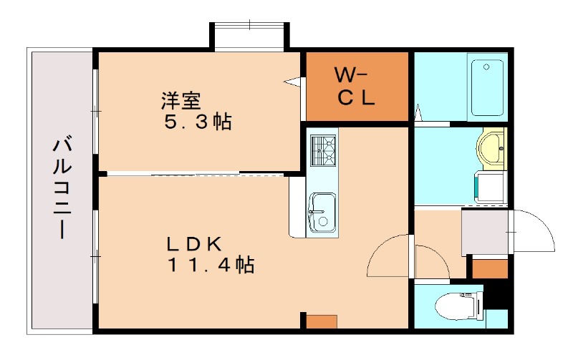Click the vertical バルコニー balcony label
[x=61, y=188]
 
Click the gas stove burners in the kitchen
[x=323, y=150]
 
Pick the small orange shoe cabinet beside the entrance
[x=490, y=268]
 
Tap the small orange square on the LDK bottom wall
[x=322, y=321]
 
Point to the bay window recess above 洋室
[x=249, y=37]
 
